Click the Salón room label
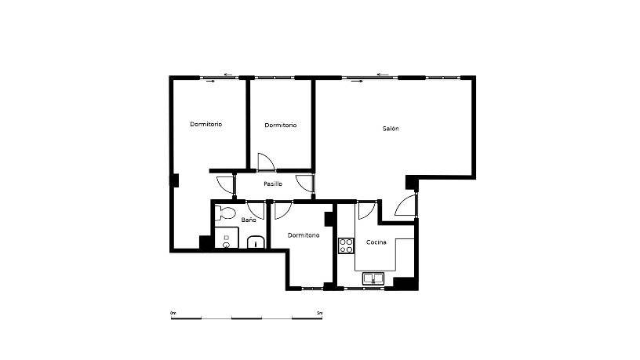tap(391, 129)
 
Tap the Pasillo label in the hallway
tap(273, 184)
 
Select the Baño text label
tap(249, 220)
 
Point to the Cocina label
tap(376, 242)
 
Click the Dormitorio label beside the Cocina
tap(304, 235)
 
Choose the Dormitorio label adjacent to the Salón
tap(281, 125)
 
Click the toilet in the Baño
tap(226, 213)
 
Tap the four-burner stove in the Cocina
tap(346, 245)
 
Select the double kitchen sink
tap(373, 278)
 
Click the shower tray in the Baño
tap(227, 238)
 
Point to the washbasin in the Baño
tap(256, 242)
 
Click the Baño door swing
tap(256, 209)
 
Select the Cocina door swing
tap(365, 210)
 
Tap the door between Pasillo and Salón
tap(305, 184)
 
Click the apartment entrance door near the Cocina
tap(406, 205)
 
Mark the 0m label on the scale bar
tap(173, 313)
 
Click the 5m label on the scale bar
tap(319, 313)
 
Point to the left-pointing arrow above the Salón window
tap(383, 75)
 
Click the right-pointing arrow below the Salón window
tap(357, 82)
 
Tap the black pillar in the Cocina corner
tap(405, 284)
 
